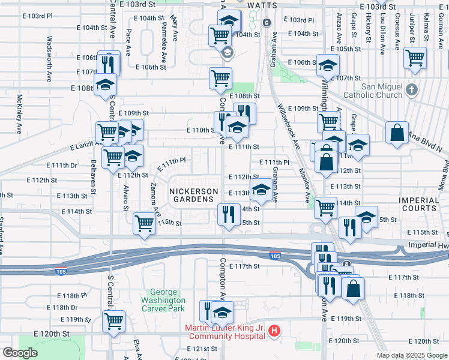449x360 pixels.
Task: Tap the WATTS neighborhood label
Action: click(262, 5)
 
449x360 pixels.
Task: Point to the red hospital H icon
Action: click(274, 330)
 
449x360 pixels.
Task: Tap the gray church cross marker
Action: click(411, 91)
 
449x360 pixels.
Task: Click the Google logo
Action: click(19, 353)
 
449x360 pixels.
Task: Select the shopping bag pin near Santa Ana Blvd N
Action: click(397, 134)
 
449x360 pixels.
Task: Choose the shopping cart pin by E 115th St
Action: click(144, 224)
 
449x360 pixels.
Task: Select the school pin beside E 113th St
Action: click(261, 191)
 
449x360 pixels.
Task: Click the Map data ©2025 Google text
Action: click(411, 355)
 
